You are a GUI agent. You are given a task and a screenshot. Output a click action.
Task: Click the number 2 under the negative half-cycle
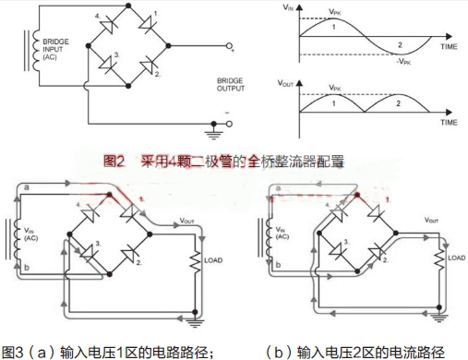[x=400, y=44]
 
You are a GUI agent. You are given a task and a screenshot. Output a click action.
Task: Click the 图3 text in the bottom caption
[x=14, y=351]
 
